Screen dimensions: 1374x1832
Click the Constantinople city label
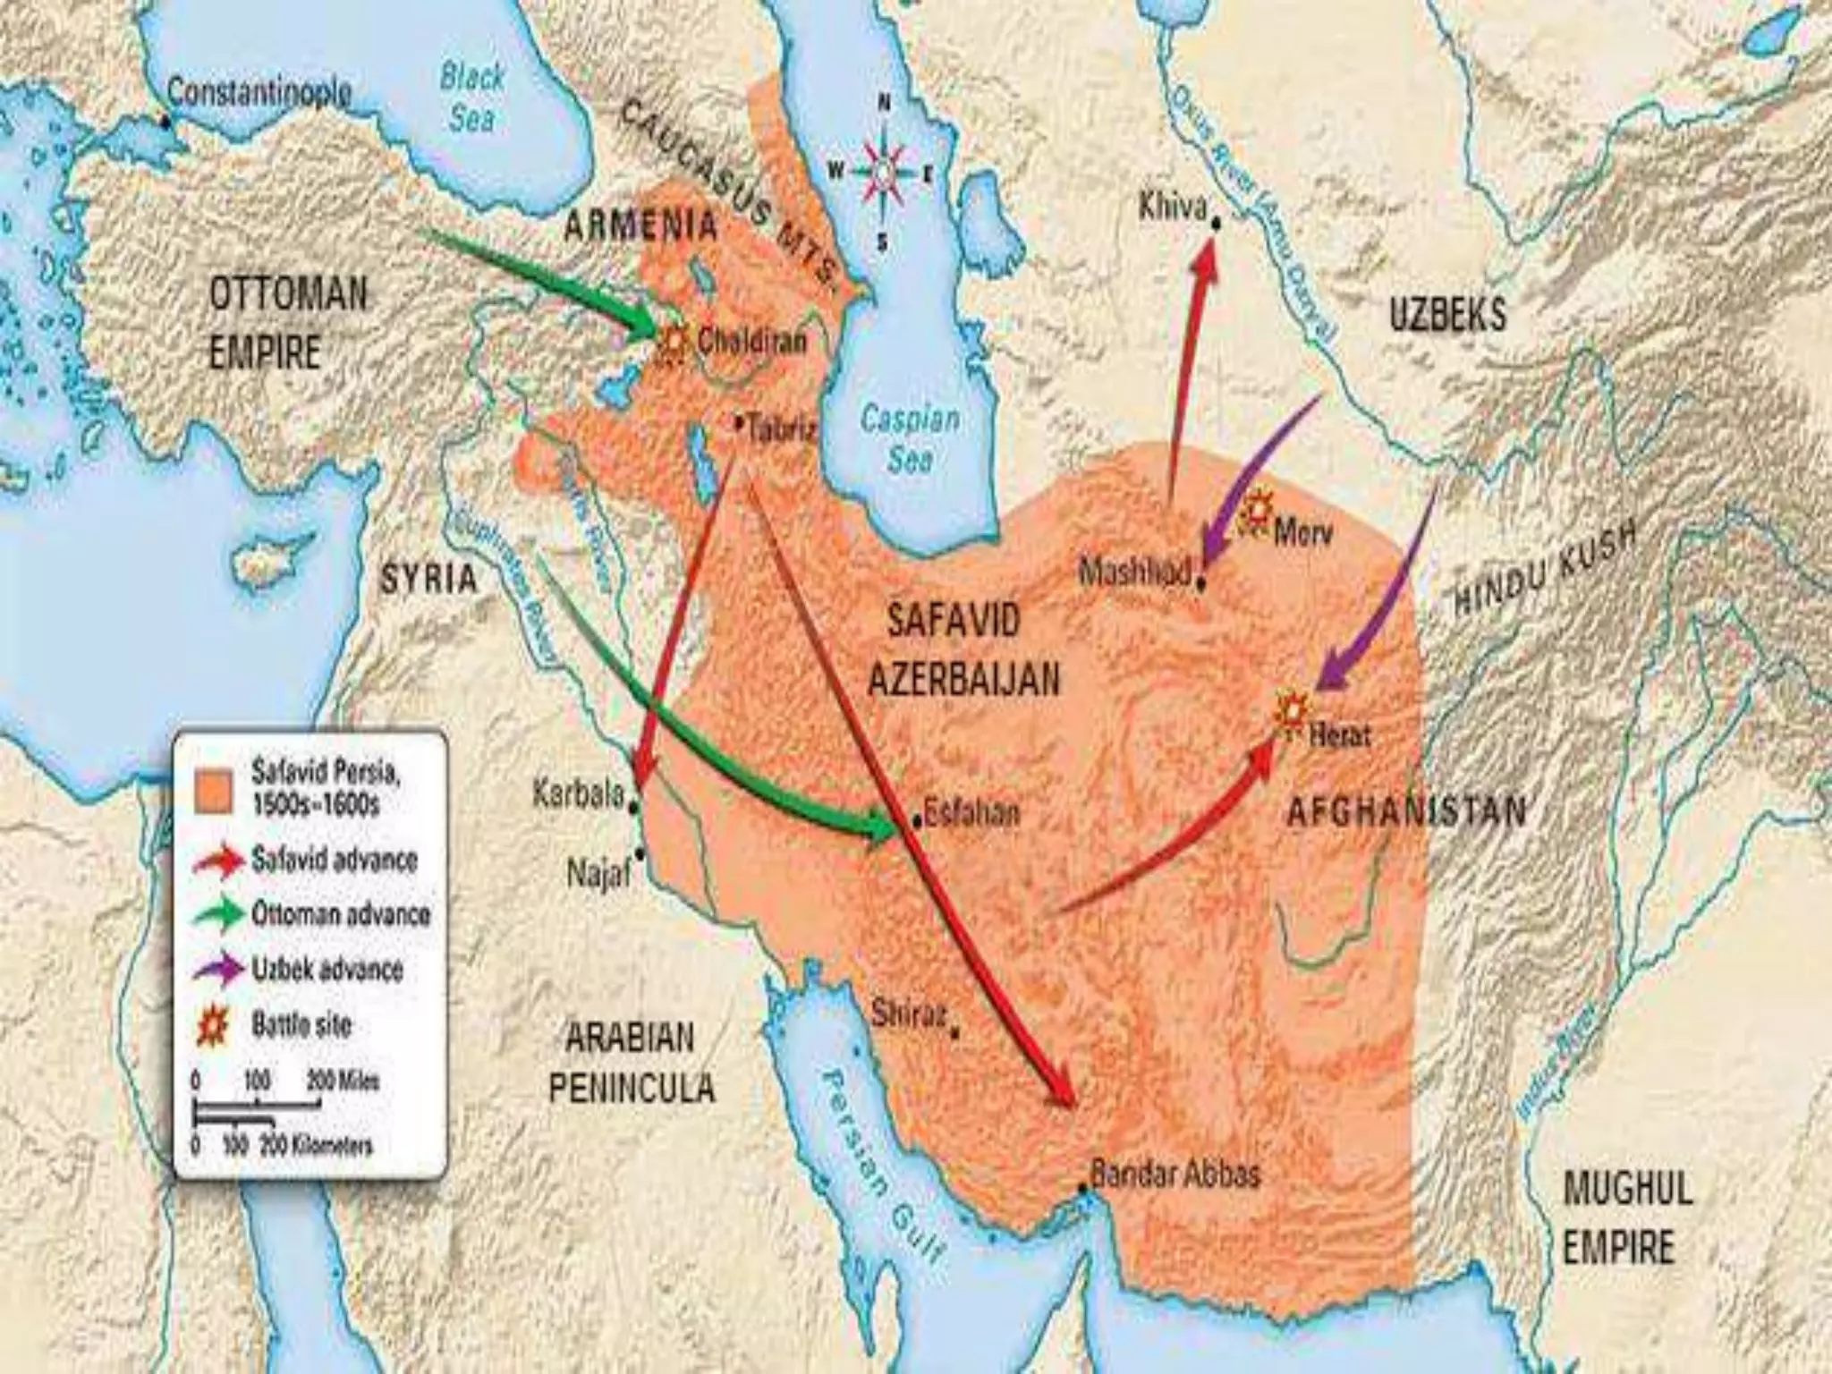click(x=259, y=92)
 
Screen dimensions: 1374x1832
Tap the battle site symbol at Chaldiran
click(x=674, y=343)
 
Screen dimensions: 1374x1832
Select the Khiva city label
click(x=1173, y=208)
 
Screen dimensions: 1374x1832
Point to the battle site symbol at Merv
click(x=1257, y=513)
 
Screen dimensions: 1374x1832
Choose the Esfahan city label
click(x=971, y=812)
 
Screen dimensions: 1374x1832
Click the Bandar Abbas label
click(x=1175, y=1173)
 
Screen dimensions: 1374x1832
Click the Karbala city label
click(x=578, y=793)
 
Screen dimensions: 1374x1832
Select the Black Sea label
click(x=471, y=97)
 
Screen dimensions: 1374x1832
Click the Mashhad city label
click(x=1135, y=570)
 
